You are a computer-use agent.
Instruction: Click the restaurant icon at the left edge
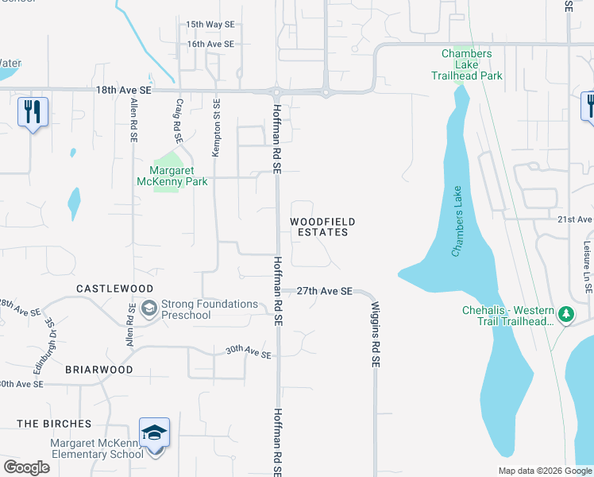(33, 111)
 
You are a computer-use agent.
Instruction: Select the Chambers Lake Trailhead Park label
(472, 65)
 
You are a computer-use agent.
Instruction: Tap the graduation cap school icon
(155, 432)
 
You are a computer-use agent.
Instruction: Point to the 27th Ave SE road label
(325, 292)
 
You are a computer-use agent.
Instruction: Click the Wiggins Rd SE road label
(376, 334)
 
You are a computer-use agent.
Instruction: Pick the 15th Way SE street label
(210, 25)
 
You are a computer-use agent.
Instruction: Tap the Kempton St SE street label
(214, 127)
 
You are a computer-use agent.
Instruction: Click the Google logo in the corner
(26, 467)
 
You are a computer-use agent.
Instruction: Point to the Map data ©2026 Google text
(544, 471)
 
